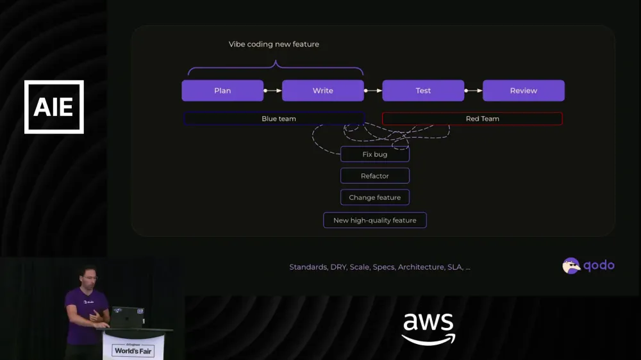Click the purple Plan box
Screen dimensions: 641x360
pos(222,91)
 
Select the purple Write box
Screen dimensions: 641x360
pos(322,91)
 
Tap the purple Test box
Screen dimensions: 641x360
pos(423,91)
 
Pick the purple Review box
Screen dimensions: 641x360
pos(524,91)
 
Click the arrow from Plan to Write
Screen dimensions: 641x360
pos(272,91)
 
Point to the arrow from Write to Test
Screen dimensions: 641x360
pos(373,91)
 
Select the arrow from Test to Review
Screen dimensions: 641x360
pos(474,91)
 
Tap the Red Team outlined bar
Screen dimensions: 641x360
pos(472,119)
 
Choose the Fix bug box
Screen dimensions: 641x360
pos(375,154)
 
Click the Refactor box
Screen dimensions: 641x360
pos(375,176)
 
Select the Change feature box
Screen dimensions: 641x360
pos(375,197)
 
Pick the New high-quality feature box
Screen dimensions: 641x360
pos(375,220)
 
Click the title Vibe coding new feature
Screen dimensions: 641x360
pos(274,44)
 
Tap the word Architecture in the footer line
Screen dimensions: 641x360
pos(421,267)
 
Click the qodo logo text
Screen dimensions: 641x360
pos(599,266)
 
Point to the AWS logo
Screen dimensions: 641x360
pos(428,329)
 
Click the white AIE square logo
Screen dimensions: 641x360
pos(54,107)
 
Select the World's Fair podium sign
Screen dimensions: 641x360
pos(133,350)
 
